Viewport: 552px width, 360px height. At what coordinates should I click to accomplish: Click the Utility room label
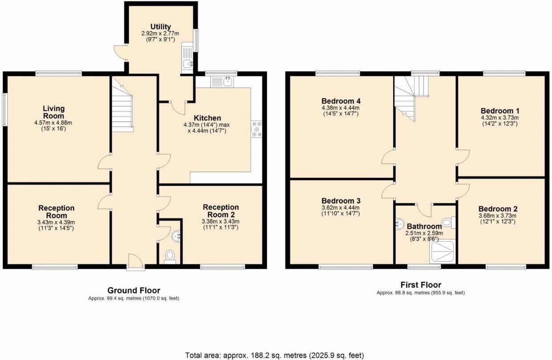[160, 27]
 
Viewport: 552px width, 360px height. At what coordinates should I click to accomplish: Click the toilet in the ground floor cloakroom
[170, 256]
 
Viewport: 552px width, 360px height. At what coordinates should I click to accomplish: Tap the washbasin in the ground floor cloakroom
[177, 235]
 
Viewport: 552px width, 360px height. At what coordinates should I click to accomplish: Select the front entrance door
[135, 263]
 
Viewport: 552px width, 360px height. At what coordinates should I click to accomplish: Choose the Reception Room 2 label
[220, 211]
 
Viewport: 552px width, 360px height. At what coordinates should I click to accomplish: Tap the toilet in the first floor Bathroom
[448, 222]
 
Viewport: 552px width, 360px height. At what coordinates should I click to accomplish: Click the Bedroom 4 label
[340, 101]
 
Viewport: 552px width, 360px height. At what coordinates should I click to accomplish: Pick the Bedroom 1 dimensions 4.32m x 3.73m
[499, 118]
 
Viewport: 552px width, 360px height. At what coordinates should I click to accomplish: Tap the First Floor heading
[420, 285]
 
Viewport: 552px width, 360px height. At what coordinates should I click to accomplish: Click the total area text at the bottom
[274, 355]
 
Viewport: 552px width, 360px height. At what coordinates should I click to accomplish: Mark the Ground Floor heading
[134, 291]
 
